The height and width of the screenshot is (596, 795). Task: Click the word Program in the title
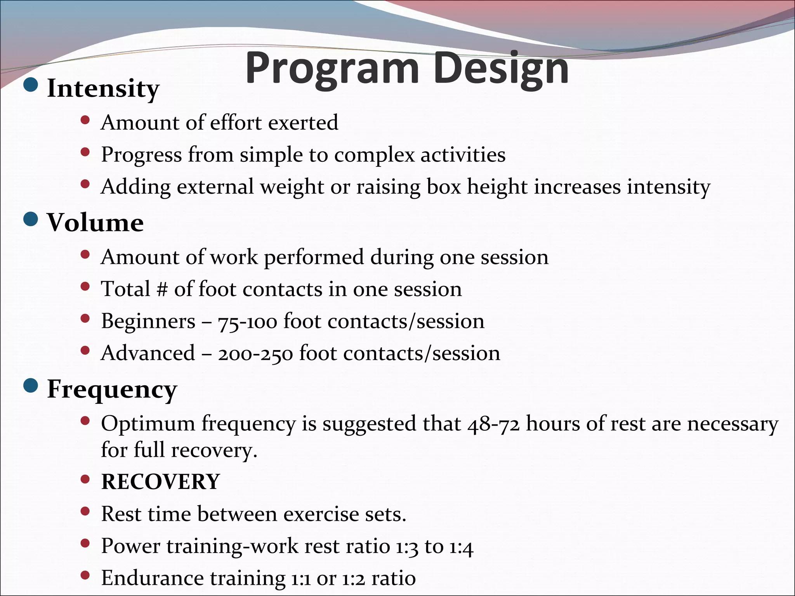click(x=332, y=69)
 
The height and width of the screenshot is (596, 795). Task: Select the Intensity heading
click(x=103, y=88)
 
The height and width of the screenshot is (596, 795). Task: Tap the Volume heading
click(x=95, y=223)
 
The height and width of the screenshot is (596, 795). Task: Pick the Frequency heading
click(x=112, y=389)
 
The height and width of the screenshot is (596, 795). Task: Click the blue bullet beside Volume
click(x=31, y=219)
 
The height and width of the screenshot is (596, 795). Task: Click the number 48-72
click(x=493, y=424)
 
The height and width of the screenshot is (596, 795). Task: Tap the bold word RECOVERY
click(x=160, y=482)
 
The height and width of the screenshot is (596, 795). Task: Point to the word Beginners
click(x=148, y=321)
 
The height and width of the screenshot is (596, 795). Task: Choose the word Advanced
click(x=148, y=353)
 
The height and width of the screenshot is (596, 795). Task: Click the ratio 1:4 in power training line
click(x=462, y=547)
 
